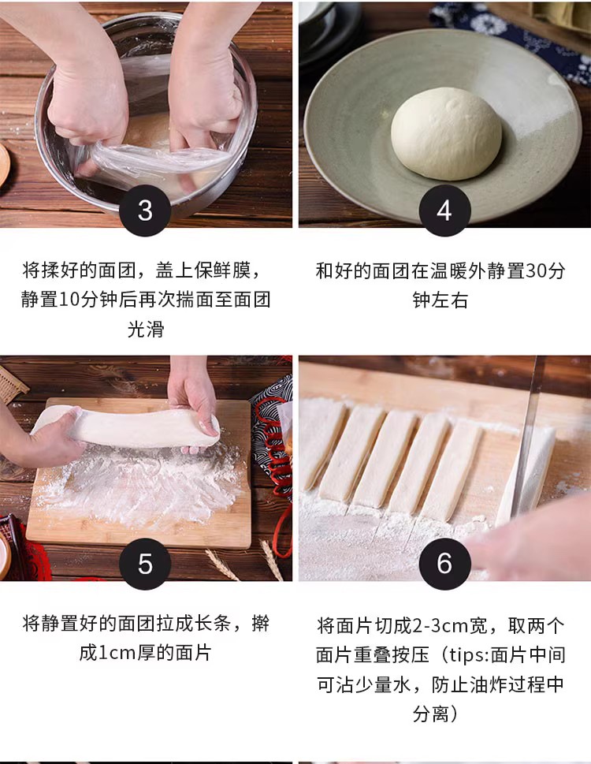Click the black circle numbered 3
[145, 211]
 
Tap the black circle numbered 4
[444, 211]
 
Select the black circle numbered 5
[145, 563]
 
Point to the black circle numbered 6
[444, 563]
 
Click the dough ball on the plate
[446, 133]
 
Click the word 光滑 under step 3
[146, 329]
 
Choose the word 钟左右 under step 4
[440, 300]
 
